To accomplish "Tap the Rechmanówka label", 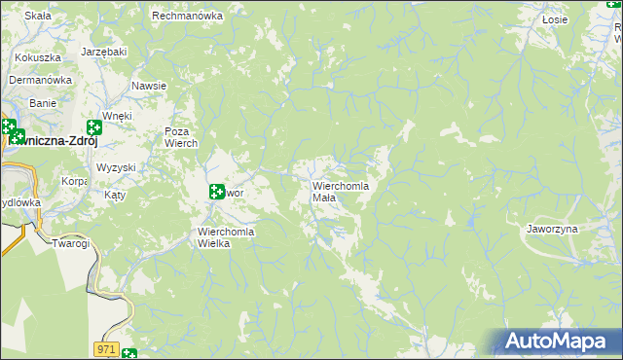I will [x=188, y=17].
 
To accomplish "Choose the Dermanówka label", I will [x=42, y=80].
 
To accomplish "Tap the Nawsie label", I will [x=149, y=86].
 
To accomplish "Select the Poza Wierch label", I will [x=181, y=137].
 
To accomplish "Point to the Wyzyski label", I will [x=116, y=167].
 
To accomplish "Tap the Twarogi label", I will [x=71, y=243].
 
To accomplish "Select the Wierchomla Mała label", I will [x=340, y=191].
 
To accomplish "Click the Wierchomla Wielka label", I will [x=226, y=237].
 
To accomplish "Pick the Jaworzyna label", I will [x=552, y=229].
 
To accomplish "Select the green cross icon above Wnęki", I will [x=94, y=127].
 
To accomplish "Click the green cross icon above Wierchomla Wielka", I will [x=217, y=192].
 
